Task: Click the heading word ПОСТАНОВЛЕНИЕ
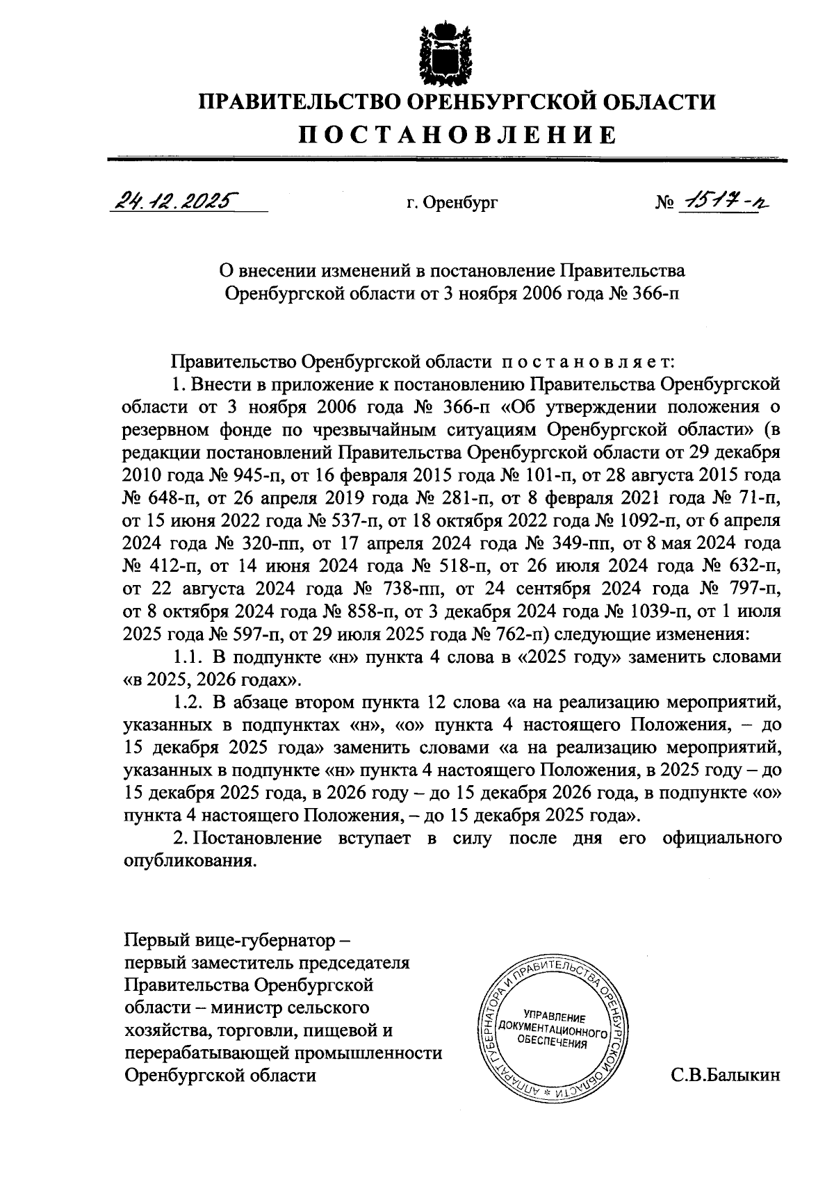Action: [x=458, y=134]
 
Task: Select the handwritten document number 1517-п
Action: [x=721, y=201]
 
